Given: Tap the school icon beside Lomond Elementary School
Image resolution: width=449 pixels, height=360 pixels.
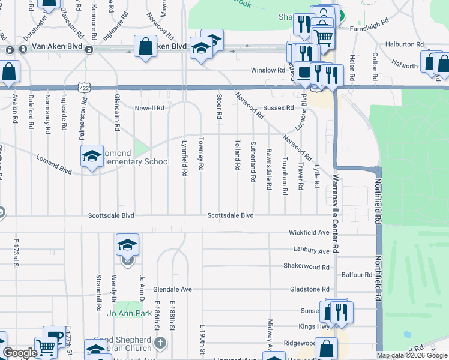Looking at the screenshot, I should [x=92, y=156].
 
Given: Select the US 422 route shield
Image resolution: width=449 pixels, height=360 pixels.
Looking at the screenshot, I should [x=85, y=88].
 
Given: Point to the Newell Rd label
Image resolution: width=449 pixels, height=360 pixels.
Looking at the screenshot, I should [x=149, y=109].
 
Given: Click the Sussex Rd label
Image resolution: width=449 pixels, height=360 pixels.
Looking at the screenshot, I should [x=281, y=108].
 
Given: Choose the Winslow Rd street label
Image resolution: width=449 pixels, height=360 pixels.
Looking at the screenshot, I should [x=268, y=70].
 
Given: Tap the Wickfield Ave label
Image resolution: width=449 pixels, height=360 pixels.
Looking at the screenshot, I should [x=309, y=232].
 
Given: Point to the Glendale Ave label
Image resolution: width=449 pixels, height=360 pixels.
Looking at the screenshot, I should [x=172, y=289].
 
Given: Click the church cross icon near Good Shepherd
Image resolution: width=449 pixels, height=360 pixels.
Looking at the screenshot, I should [x=159, y=342].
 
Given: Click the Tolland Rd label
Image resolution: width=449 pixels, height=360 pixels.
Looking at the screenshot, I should [x=238, y=154].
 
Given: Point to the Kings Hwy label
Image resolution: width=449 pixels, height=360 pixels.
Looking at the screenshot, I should [x=314, y=327].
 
